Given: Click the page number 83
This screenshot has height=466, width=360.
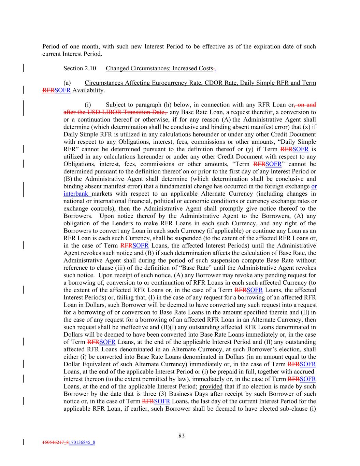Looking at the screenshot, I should (181, 436).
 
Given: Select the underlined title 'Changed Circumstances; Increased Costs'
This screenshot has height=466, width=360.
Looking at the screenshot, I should (159, 68).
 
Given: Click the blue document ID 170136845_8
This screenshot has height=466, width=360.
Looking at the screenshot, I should (82, 443).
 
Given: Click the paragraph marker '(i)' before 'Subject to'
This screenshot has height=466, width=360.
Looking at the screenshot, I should (88, 105).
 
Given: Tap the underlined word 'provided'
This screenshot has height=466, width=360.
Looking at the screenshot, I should (211, 386).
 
